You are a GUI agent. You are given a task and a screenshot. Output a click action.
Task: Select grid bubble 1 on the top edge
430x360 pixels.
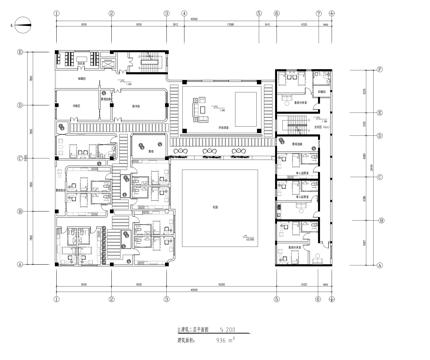pyautogui.click(x=56, y=15)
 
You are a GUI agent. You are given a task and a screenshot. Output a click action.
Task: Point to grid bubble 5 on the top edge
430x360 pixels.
pyautogui.click(x=258, y=15)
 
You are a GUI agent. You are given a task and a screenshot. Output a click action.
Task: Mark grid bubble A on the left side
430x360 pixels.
pyautogui.click(x=19, y=263)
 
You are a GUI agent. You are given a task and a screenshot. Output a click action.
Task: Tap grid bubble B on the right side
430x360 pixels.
pyautogui.click(x=381, y=227)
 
